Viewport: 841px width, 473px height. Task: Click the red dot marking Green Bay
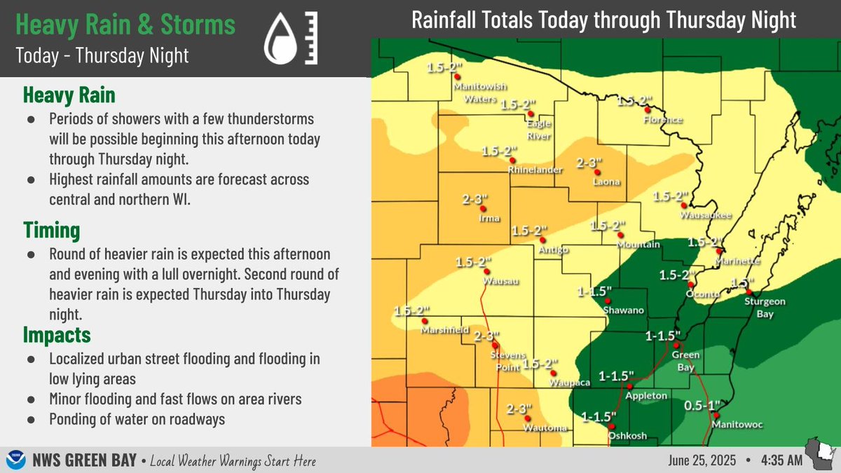pyautogui.click(x=676, y=345)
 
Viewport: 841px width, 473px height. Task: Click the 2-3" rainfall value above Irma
pyautogui.click(x=474, y=200)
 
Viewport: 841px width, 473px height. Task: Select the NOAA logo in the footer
pyautogui.click(x=13, y=460)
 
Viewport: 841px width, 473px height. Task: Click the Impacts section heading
pyautogui.click(x=57, y=334)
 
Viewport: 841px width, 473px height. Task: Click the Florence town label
pyautogui.click(x=662, y=120)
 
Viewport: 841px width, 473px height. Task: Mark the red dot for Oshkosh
pyautogui.click(x=612, y=426)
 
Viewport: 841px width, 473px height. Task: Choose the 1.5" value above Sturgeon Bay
pyautogui.click(x=741, y=283)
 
